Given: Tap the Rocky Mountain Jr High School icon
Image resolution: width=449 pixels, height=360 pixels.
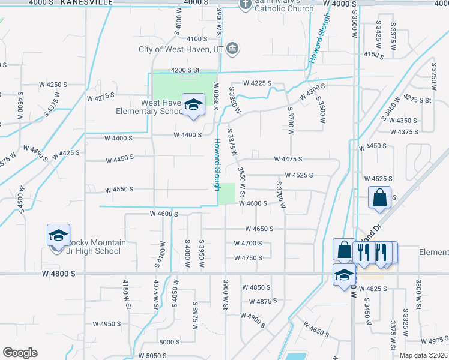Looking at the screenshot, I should (x=58, y=236).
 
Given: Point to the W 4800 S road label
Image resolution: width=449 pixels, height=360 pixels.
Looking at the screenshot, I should (x=59, y=274).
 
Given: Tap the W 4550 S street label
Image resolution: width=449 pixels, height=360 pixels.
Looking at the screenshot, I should (x=119, y=190).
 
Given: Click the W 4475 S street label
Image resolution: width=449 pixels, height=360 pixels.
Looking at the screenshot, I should (x=288, y=159).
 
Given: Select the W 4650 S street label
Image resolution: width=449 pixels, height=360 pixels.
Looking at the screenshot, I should (x=259, y=229).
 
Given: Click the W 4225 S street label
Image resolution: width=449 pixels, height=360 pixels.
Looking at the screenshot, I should (x=258, y=83).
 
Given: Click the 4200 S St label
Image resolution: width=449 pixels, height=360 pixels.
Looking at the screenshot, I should (x=184, y=70).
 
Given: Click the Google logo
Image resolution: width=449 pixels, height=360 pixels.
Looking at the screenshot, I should (x=20, y=353).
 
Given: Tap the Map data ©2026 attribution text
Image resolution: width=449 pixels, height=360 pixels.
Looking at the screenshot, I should (x=424, y=355).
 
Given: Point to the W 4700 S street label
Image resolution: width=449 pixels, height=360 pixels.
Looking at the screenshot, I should (x=247, y=243).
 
